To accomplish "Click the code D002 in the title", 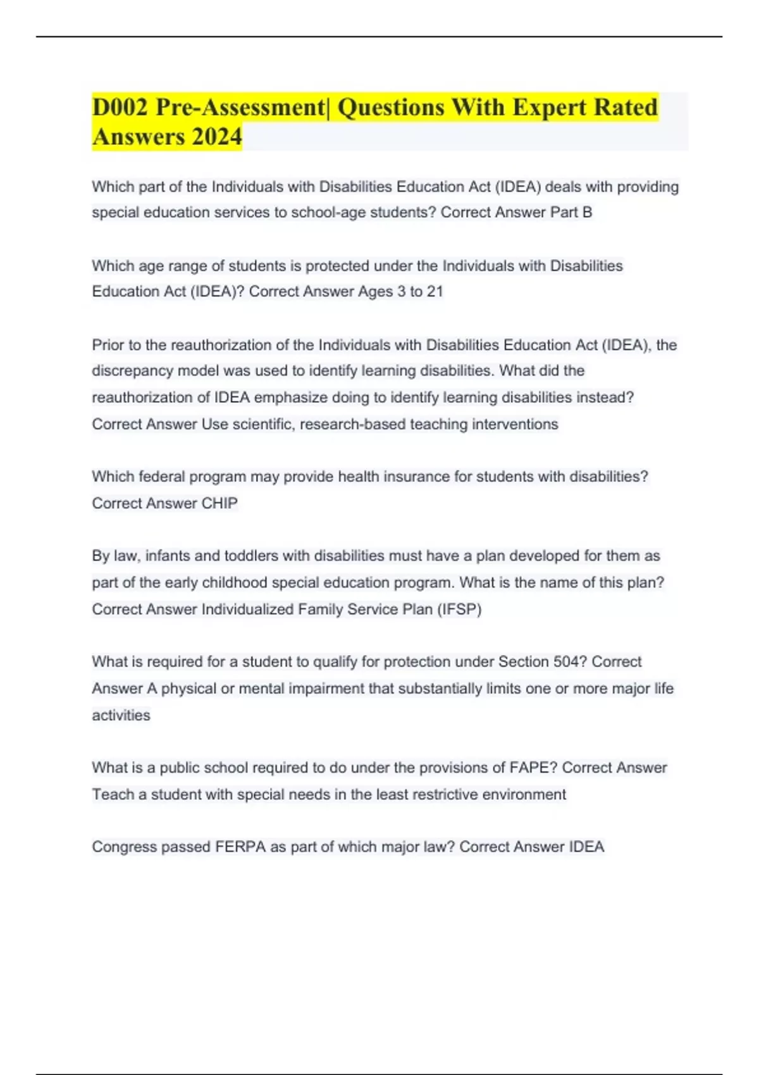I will point(120,107).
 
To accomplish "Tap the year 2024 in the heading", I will point(217,137).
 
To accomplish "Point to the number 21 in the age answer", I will point(435,292).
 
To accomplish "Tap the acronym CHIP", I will point(219,503).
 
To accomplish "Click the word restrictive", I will point(436,795).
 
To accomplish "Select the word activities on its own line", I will point(121,716).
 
